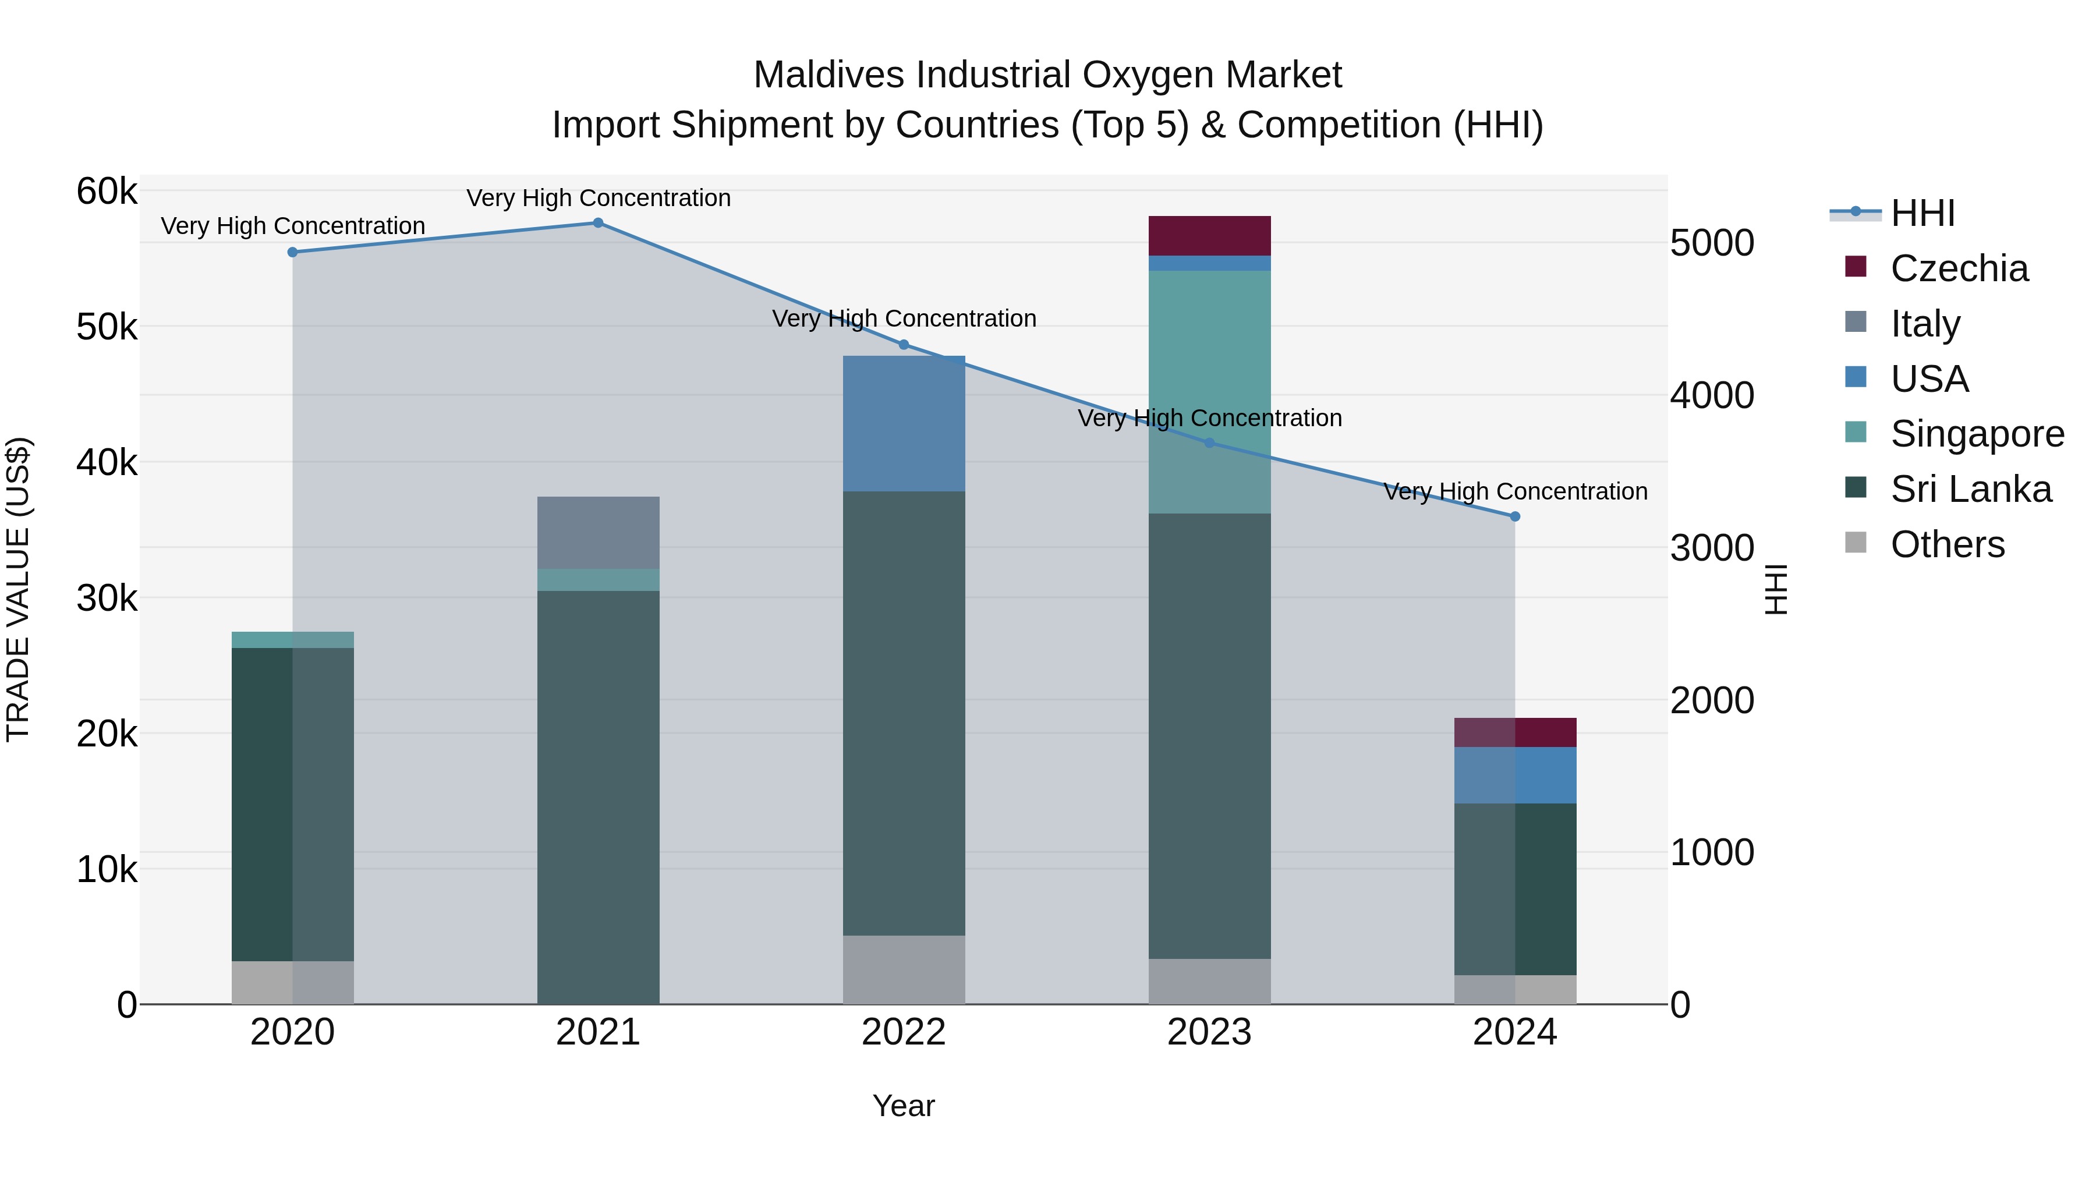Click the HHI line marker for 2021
click(598, 223)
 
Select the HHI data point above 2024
click(1514, 516)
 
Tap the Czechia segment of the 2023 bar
click(1209, 236)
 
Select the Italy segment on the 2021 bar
click(598, 532)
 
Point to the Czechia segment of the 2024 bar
click(1514, 732)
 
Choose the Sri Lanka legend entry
click(1970, 489)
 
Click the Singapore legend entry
click(1977, 434)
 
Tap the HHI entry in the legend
click(1922, 213)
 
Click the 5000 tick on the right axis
click(1711, 243)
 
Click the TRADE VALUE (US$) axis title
click(18, 589)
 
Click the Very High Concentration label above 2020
click(293, 226)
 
